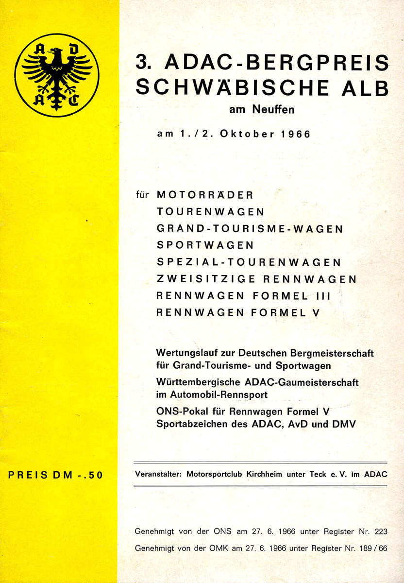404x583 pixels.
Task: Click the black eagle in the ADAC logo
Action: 57,75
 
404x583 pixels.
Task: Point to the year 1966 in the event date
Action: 295,134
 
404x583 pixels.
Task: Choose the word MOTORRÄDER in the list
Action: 205,195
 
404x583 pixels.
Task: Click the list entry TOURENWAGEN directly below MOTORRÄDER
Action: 210,212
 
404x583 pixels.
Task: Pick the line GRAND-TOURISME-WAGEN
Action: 250,228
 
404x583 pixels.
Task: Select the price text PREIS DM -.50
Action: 56,475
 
